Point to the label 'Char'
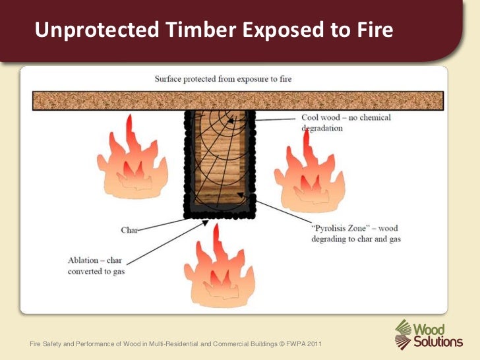pyautogui.click(x=129, y=230)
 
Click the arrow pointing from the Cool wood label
pyautogui.click(x=277, y=119)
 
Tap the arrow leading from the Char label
pyautogui.click(x=162, y=224)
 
